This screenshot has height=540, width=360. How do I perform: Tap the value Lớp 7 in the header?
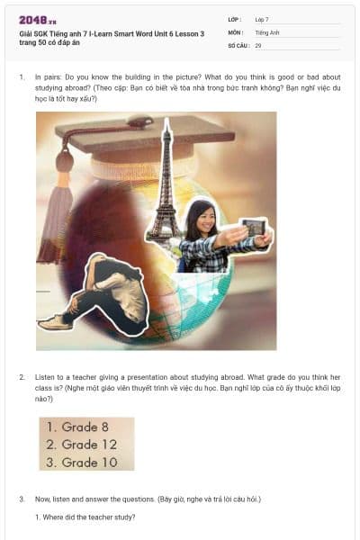262,19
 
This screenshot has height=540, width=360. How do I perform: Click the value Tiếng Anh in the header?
267,32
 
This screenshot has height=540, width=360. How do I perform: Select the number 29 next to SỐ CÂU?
258,45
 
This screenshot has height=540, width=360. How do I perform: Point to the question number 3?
22,498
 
